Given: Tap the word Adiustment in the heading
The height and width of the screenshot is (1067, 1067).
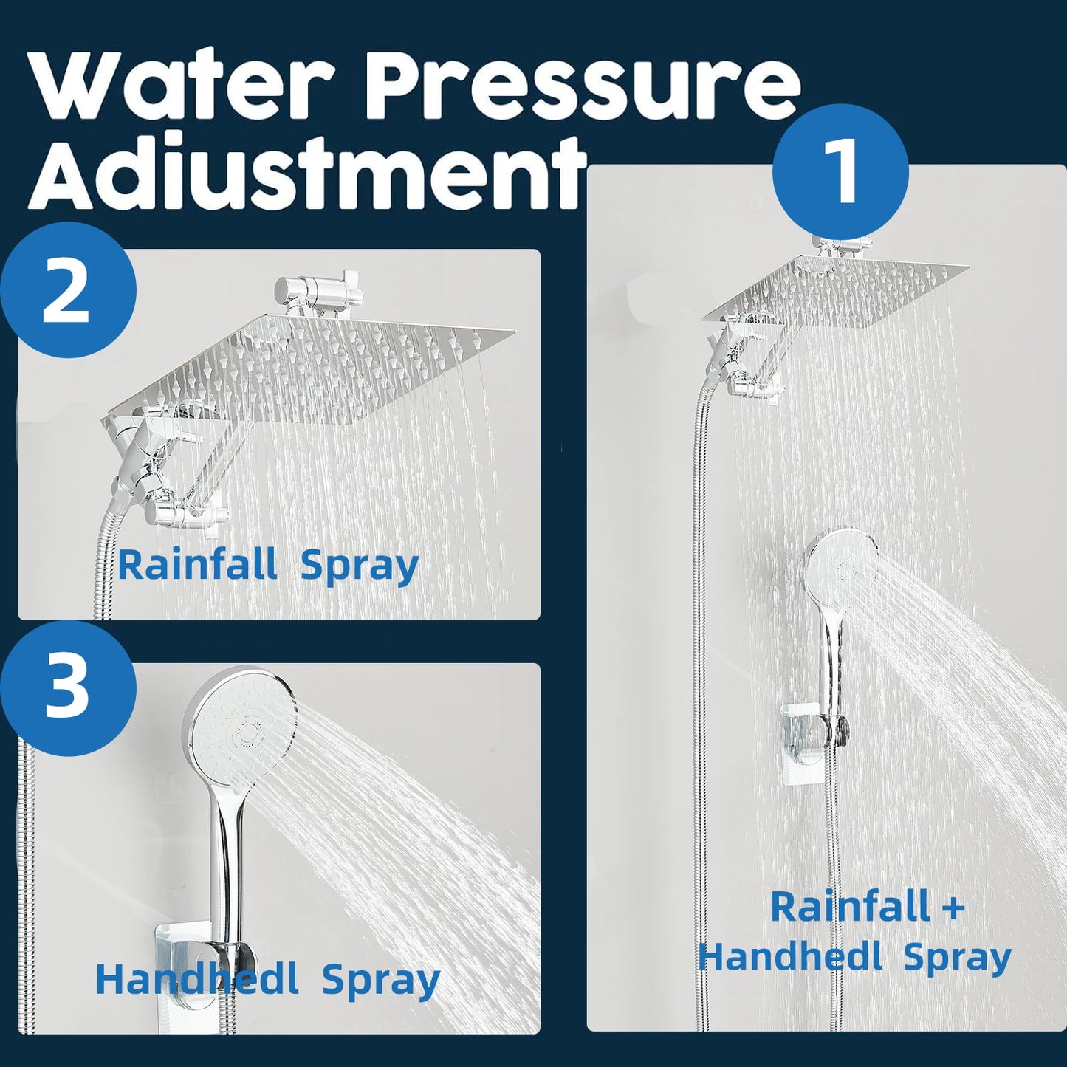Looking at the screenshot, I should pos(306,174).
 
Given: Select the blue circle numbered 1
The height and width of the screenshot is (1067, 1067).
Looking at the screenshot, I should pos(840,171).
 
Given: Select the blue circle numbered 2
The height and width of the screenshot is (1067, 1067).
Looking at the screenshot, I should pos(68,290).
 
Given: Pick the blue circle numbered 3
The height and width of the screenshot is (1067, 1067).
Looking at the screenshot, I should pos(68,687).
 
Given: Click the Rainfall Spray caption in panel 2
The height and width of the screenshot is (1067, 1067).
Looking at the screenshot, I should pos(268,566).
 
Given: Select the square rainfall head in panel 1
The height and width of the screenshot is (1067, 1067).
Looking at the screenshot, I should pos(834,292).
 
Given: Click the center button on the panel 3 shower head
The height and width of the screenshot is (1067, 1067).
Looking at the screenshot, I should pos(249,733).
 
